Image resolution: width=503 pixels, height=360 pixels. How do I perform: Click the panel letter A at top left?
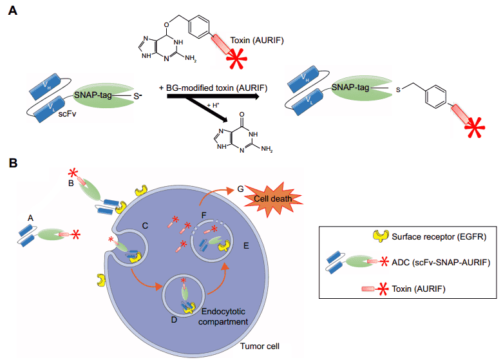[x=12, y=12]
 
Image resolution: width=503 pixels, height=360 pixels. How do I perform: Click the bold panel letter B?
[x=12, y=164]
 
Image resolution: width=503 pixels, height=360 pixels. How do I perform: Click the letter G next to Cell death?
[x=241, y=189]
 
